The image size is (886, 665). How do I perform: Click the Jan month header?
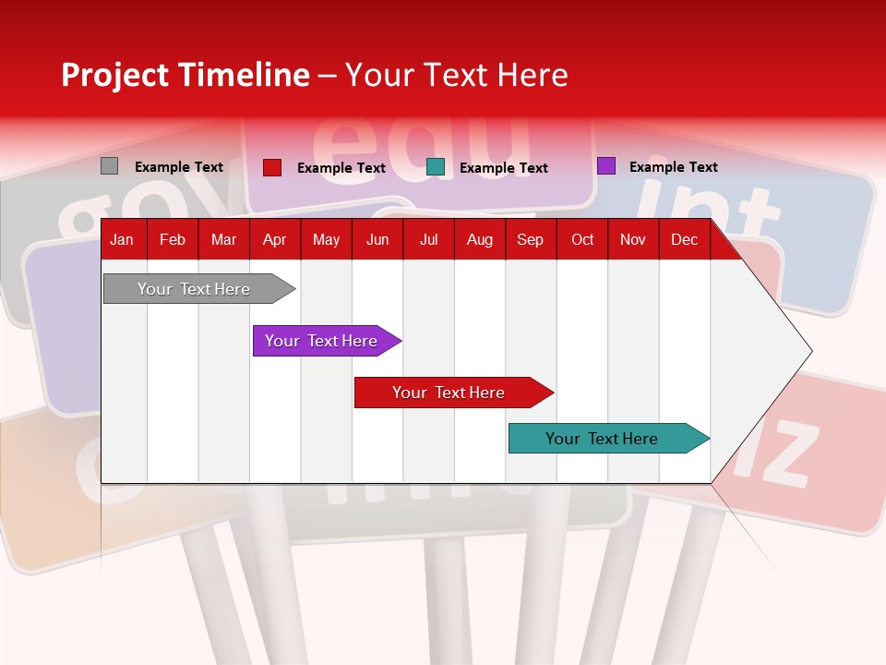pos(122,240)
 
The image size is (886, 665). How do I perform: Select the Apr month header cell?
pos(274,240)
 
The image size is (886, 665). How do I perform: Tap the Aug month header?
pos(479,240)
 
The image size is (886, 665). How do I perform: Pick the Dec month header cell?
pos(684,240)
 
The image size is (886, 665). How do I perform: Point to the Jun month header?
pos(377,240)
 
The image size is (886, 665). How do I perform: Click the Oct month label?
pos(581,240)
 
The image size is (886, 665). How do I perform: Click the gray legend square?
pos(109,166)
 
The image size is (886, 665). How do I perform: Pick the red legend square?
pos(271,167)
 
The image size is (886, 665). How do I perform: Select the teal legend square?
pos(436,167)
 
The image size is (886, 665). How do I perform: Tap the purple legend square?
pos(605,166)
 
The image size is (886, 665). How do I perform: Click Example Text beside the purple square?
pos(673,167)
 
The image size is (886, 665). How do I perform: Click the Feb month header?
pos(172,240)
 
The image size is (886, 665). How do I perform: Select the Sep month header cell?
pos(530,240)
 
